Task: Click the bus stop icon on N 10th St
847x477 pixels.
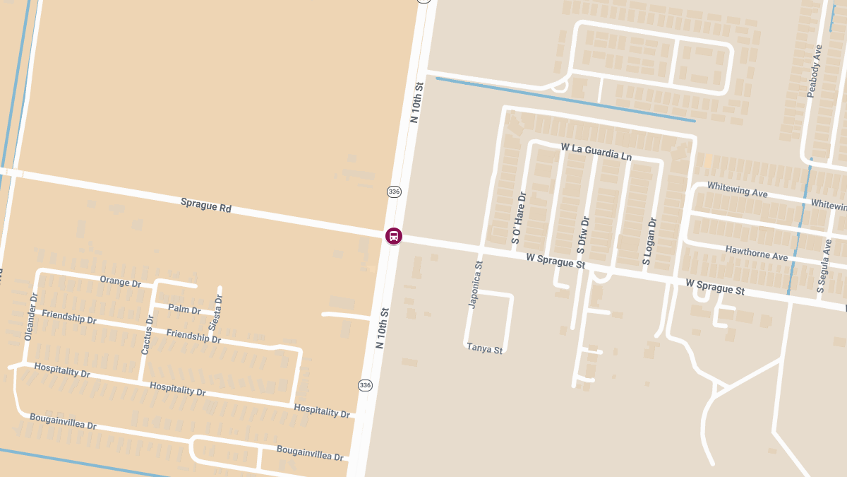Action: [393, 236]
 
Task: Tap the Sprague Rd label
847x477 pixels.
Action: [206, 205]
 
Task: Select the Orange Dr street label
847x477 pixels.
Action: [120, 281]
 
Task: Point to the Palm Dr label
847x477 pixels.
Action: [184, 310]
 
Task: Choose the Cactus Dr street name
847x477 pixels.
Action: [147, 335]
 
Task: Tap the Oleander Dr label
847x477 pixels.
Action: [30, 317]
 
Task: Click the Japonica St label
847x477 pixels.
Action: [476, 285]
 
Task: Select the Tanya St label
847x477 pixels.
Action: [485, 348]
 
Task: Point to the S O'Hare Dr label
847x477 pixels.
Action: [518, 218]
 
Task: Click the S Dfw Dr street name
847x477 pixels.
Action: [582, 235]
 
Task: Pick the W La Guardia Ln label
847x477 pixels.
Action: [596, 151]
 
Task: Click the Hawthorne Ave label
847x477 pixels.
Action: [756, 252]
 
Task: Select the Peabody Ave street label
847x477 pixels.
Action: [815, 71]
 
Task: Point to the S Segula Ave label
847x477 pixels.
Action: [824, 266]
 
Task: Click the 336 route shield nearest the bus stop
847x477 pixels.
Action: [394, 192]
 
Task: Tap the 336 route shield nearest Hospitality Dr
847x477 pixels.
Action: [365, 385]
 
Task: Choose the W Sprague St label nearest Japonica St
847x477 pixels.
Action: [555, 260]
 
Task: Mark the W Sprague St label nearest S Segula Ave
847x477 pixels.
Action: [715, 286]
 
